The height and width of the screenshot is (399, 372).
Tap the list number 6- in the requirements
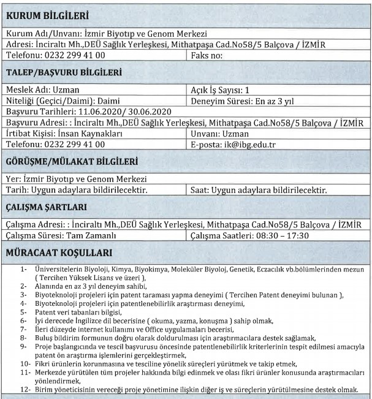(x=23, y=319)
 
